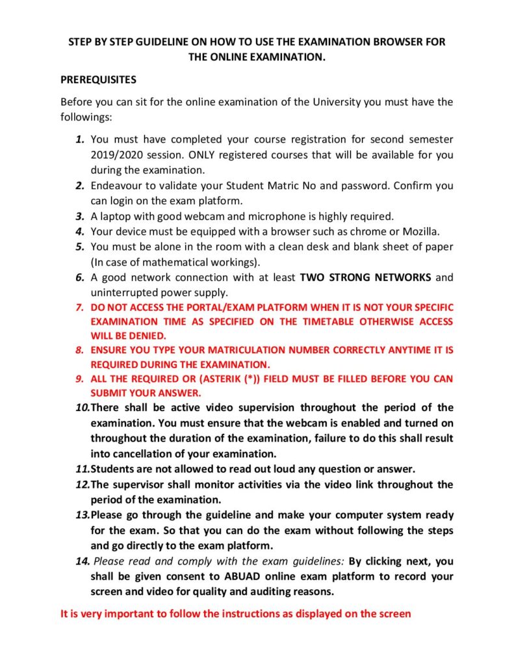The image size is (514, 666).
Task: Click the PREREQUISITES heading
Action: [98, 80]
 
